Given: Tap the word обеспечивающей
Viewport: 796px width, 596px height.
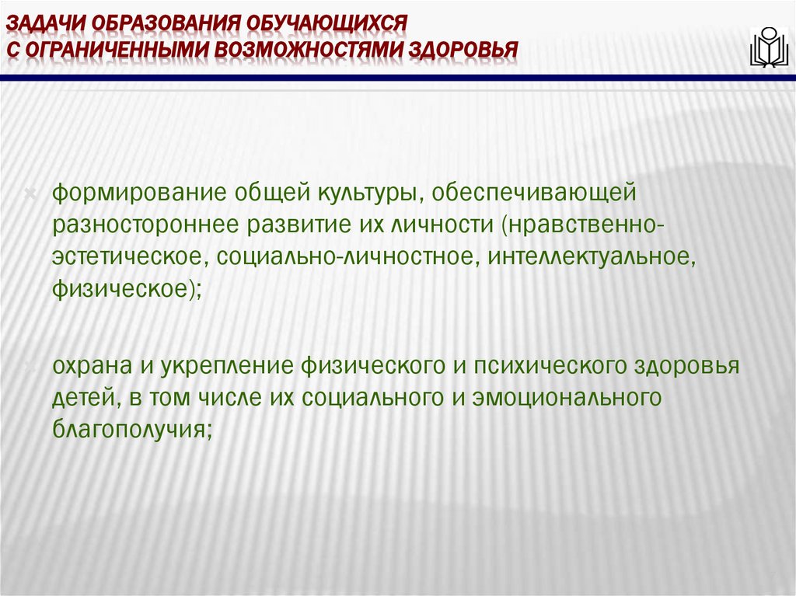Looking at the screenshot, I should point(532,192).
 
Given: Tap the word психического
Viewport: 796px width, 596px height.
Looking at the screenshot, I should point(514,365).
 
